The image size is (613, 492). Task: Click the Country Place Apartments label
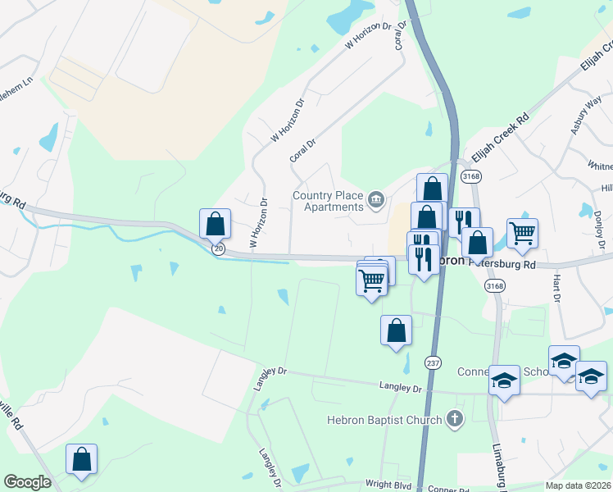[328, 201]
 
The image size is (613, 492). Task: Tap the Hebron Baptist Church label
[384, 420]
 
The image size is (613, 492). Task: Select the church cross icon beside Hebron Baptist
[454, 420]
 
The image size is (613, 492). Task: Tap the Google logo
[27, 482]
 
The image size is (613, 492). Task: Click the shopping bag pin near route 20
[215, 223]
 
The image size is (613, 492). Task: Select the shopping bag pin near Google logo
[81, 459]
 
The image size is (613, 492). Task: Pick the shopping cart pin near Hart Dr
[522, 234]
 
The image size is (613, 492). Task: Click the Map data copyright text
[579, 485]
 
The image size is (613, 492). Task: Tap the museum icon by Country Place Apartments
[376, 198]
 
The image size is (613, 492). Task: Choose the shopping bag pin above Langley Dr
[396, 330]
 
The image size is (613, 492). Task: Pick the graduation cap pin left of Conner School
[504, 380]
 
